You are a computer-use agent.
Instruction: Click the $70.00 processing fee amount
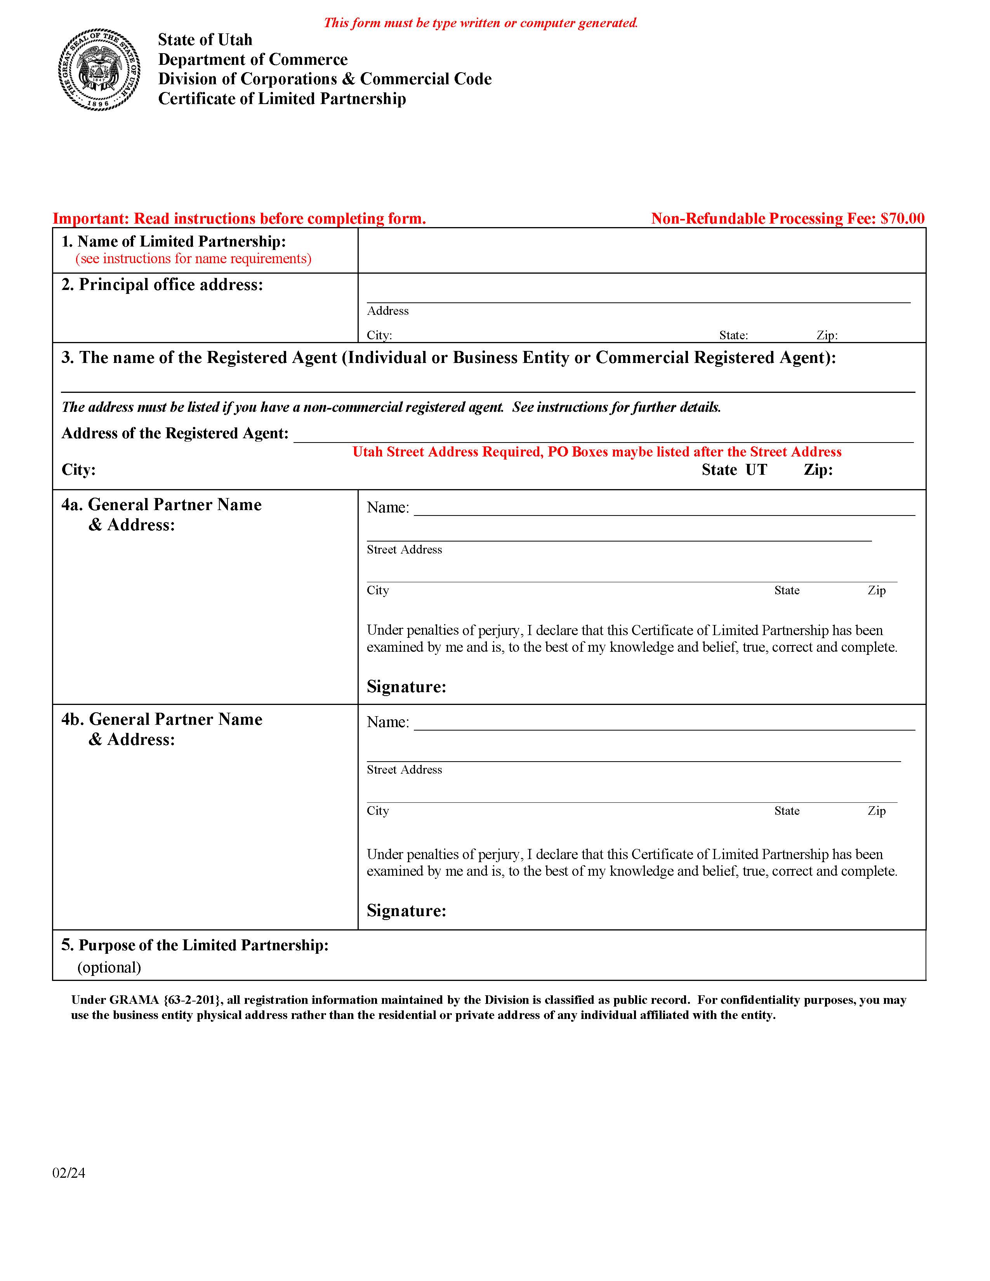903,219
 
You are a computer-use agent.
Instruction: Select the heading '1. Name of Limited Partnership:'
174,242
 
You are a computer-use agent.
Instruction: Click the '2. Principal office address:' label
162,285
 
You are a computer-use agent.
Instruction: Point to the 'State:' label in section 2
733,335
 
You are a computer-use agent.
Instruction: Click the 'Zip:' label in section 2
827,335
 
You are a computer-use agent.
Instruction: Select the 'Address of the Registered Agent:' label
175,434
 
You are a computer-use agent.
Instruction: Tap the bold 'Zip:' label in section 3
818,470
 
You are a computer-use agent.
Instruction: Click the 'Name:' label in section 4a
388,508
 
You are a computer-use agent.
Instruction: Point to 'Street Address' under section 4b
404,769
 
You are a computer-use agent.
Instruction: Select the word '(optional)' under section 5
109,967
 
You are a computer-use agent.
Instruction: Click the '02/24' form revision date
69,1173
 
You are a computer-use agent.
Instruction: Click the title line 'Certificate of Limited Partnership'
282,99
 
